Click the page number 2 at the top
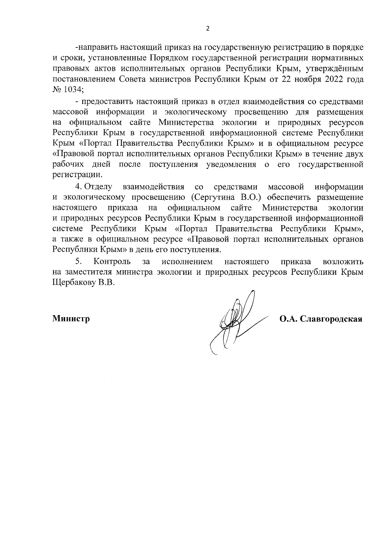click(207, 29)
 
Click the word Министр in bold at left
click(71, 319)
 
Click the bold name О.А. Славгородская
click(321, 319)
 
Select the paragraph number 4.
click(77, 186)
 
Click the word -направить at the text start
click(95, 48)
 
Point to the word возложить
click(343, 262)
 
